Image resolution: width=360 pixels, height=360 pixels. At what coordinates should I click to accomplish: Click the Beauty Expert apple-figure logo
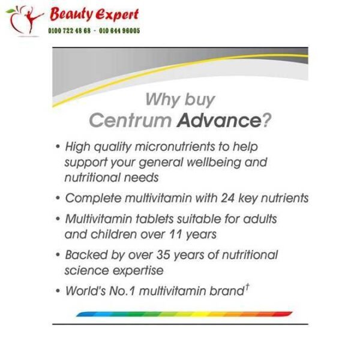24,20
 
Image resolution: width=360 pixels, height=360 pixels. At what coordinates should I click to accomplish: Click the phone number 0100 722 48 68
70,30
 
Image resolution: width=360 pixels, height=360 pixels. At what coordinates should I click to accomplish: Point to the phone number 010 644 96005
119,30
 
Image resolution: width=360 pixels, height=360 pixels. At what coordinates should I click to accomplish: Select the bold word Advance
220,121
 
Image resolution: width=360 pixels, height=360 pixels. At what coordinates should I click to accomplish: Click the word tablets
164,218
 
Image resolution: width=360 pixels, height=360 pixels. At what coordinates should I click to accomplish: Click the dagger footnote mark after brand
247,287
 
